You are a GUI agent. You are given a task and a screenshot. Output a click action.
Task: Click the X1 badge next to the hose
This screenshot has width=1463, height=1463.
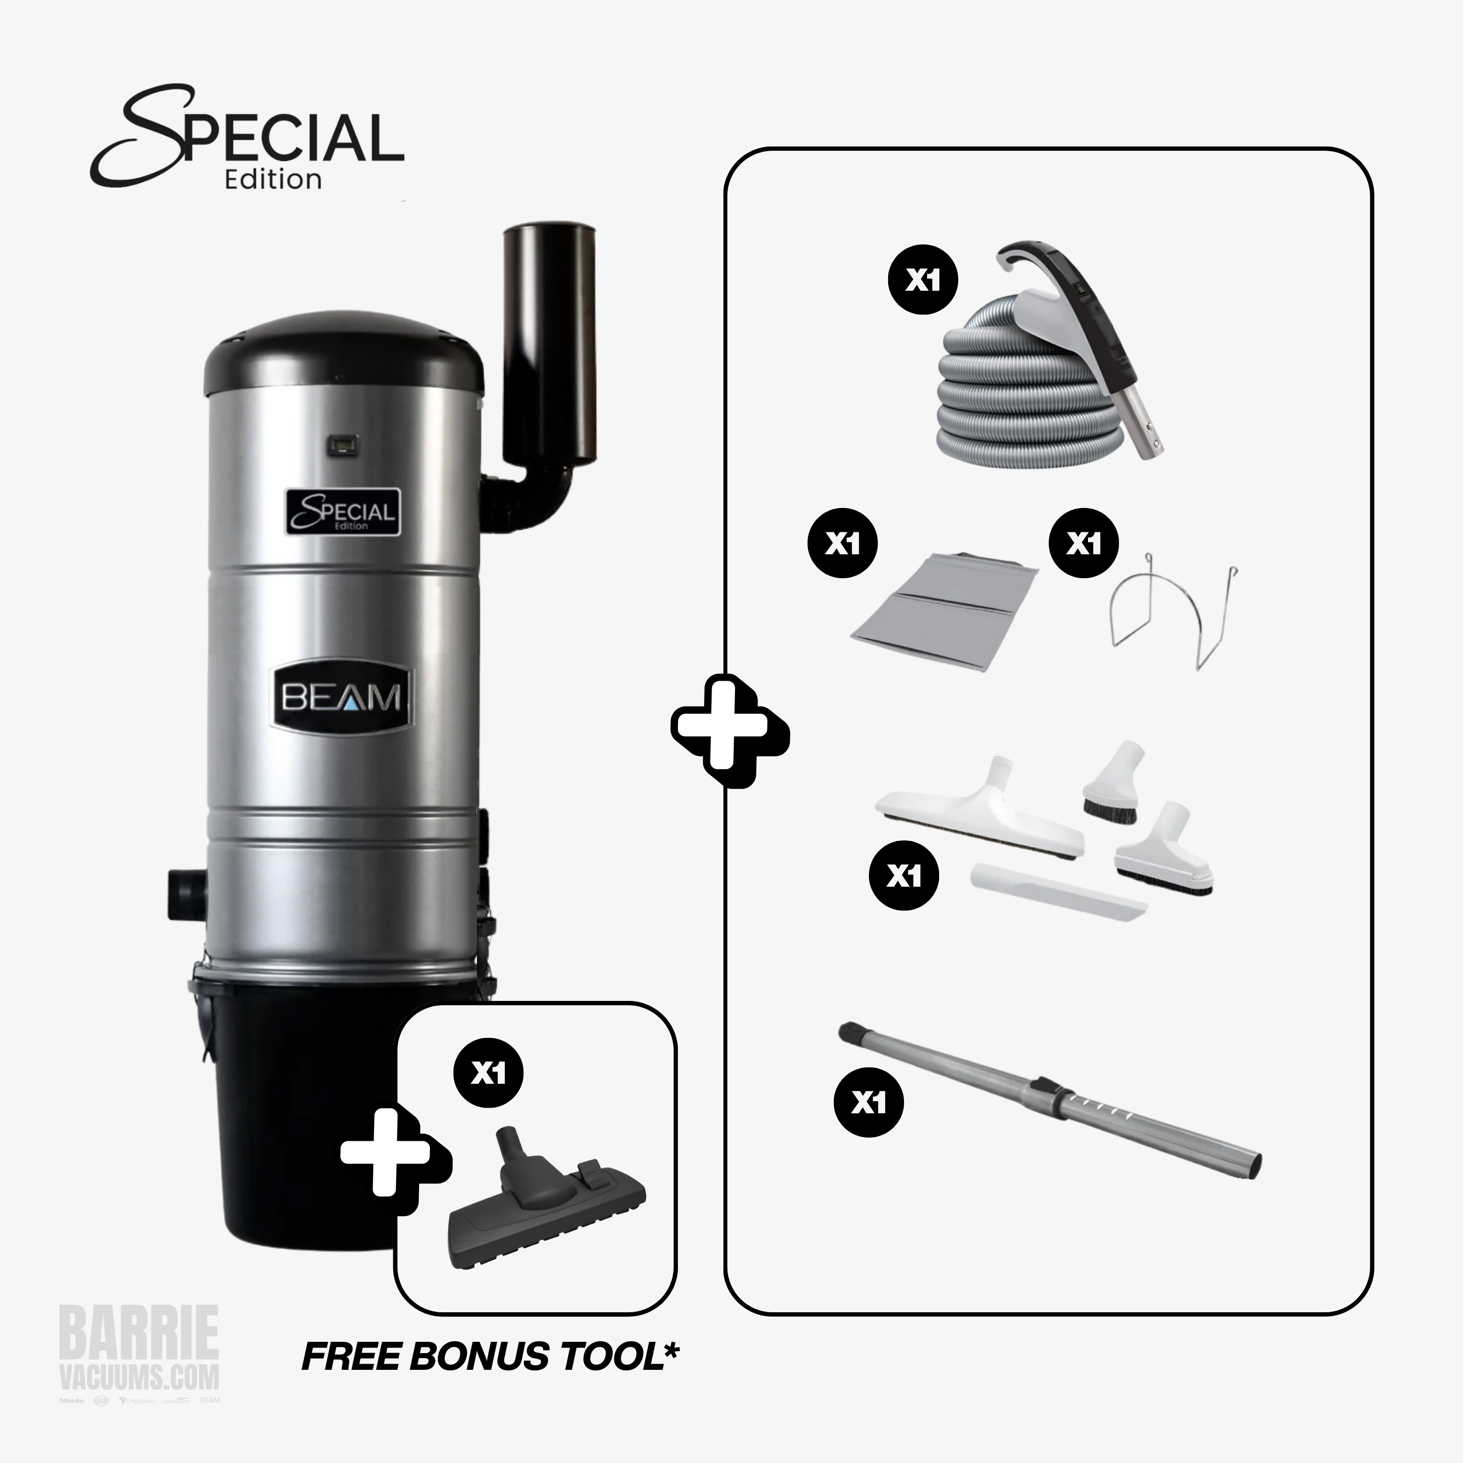(922, 280)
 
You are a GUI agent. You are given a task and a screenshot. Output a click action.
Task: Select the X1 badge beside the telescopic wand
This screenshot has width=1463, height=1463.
(868, 1103)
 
